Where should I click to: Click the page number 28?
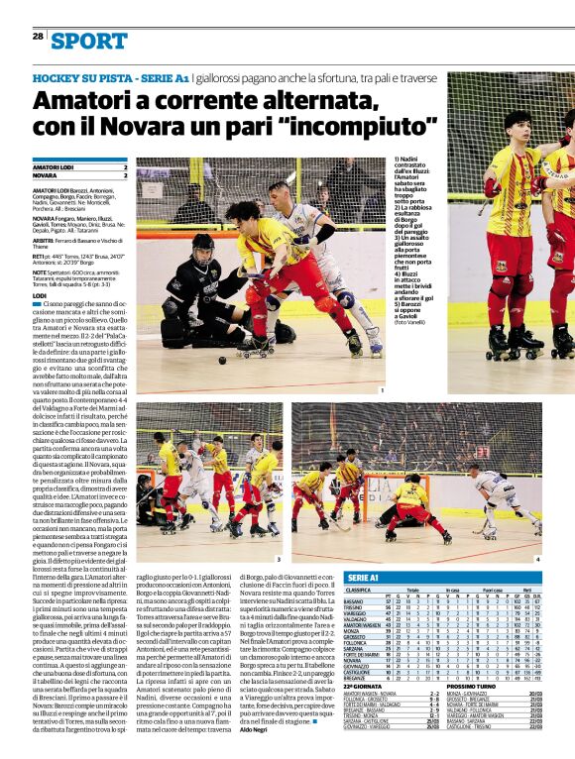(38, 36)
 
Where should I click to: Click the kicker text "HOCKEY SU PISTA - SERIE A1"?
(110, 75)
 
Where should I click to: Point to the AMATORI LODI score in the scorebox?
(125, 166)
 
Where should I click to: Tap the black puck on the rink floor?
(223, 362)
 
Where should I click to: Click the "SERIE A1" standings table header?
(365, 576)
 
